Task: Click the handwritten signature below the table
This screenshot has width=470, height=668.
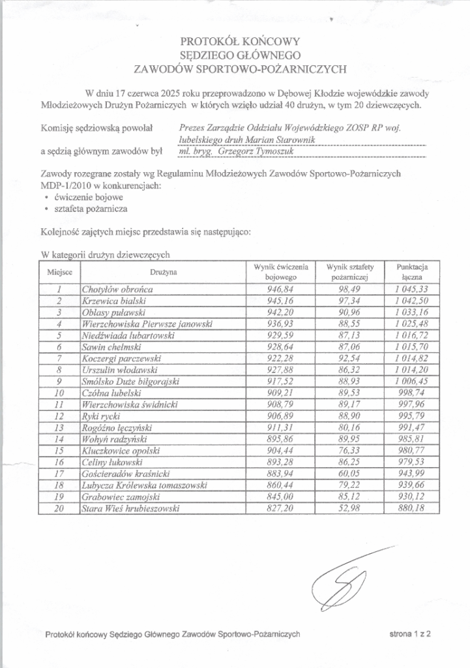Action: point(347,582)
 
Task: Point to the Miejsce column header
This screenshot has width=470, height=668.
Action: point(59,272)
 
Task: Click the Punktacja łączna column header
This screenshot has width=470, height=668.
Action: point(411,272)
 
